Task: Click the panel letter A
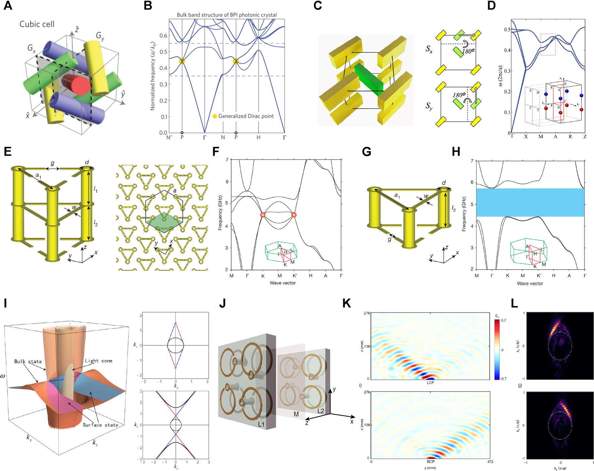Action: [8, 6]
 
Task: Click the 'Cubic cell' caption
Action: [37, 24]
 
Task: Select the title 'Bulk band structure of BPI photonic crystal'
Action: [227, 15]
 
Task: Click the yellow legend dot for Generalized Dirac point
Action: [215, 116]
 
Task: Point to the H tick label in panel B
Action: [258, 137]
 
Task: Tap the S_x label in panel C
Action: [429, 49]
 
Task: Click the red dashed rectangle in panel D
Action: [548, 44]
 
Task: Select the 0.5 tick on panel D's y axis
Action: [507, 30]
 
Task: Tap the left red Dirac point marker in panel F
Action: [263, 215]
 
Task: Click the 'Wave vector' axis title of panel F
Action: [283, 283]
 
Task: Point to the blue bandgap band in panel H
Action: [530, 202]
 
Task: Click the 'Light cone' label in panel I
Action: [99, 361]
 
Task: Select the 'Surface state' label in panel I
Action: [101, 425]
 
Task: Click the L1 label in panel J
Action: [261, 424]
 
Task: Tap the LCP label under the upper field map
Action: [430, 382]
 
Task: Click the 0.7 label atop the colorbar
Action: [503, 320]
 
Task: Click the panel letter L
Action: [514, 304]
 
